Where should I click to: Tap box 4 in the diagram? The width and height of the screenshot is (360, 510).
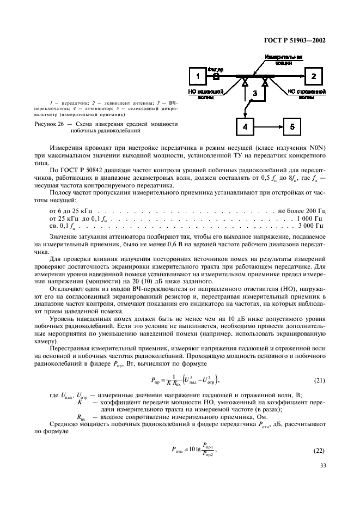[x=245, y=126]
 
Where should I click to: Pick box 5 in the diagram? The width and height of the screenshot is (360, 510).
[x=291, y=126]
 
